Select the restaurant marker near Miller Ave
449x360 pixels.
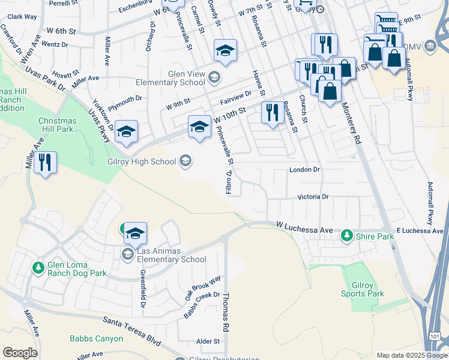coord(45,163)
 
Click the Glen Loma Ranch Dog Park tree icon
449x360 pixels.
coord(38,267)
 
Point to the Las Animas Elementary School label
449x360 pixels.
coord(171,256)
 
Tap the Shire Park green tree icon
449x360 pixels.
coord(346,236)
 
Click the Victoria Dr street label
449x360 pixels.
coord(313,197)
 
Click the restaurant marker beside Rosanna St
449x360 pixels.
coord(273,112)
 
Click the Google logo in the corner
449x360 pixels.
coord(20,352)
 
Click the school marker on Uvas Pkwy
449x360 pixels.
coord(126,133)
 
